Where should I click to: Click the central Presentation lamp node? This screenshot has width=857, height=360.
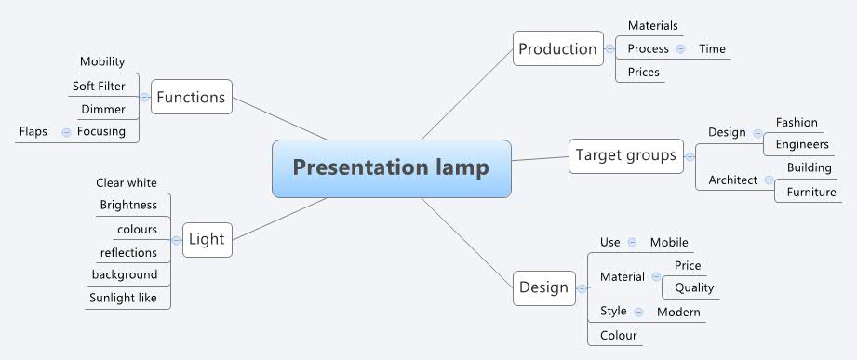pyautogui.click(x=391, y=168)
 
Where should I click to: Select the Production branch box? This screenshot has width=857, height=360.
pyautogui.click(x=557, y=49)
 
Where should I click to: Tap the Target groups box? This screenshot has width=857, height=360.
pyautogui.click(x=625, y=154)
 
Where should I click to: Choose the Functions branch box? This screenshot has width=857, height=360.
pyautogui.click(x=191, y=97)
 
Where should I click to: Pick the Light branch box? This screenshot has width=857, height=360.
pyautogui.click(x=206, y=239)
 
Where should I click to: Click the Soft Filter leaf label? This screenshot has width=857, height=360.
pyautogui.click(x=99, y=87)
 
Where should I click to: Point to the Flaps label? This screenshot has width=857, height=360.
pyautogui.click(x=33, y=131)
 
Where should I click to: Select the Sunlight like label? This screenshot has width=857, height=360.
pyautogui.click(x=129, y=299)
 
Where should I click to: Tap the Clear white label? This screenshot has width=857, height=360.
pyautogui.click(x=127, y=182)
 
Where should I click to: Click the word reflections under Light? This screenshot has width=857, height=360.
pyautogui.click(x=128, y=252)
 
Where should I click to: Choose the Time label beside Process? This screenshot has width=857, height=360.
pyautogui.click(x=712, y=49)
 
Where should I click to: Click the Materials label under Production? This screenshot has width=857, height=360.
pyautogui.click(x=652, y=26)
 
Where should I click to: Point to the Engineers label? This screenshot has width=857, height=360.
pyautogui.click(x=802, y=145)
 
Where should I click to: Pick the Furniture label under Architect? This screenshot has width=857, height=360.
pyautogui.click(x=811, y=193)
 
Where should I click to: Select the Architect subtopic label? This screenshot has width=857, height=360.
pyautogui.click(x=732, y=180)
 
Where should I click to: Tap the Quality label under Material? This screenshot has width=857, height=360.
pyautogui.click(x=694, y=288)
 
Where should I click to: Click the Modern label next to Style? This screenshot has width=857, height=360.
pyautogui.click(x=678, y=312)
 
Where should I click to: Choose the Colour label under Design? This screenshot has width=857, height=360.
pyautogui.click(x=619, y=335)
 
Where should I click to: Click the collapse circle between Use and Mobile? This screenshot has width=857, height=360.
pyautogui.click(x=633, y=243)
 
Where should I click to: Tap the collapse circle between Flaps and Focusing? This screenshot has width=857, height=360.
pyautogui.click(x=65, y=132)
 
